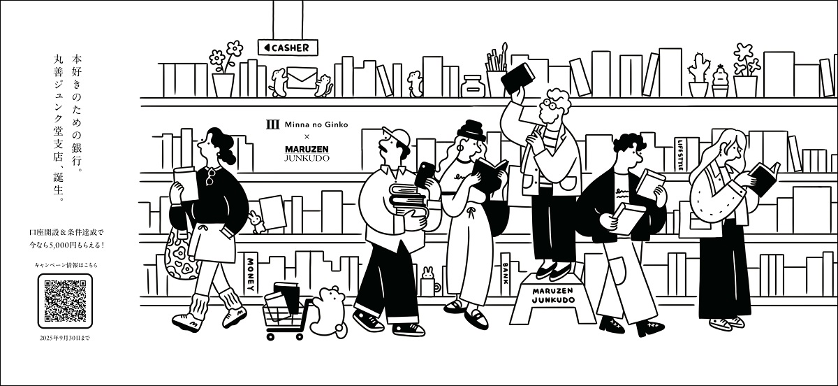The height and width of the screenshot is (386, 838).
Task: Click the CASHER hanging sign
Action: click(x=288, y=48)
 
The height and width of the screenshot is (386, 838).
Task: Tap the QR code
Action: click(x=65, y=301)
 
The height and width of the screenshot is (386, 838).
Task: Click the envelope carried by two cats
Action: click(x=302, y=78)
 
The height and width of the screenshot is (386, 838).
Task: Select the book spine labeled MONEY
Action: click(x=250, y=274)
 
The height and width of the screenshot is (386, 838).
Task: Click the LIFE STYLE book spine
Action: click(x=680, y=155)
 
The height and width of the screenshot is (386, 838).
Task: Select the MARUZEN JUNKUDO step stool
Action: click(x=553, y=299)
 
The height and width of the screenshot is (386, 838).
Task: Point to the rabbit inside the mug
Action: click(x=427, y=273)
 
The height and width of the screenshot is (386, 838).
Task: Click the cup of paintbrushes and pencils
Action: click(x=497, y=71)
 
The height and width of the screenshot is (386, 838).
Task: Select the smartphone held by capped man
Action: click(x=425, y=174)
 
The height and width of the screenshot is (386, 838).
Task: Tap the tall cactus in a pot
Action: click(x=698, y=76)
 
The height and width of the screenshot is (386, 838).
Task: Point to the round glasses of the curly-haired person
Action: click(x=547, y=104)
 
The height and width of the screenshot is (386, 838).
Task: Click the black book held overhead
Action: click(x=517, y=78)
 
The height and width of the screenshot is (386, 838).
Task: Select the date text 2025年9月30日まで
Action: click(x=65, y=338)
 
